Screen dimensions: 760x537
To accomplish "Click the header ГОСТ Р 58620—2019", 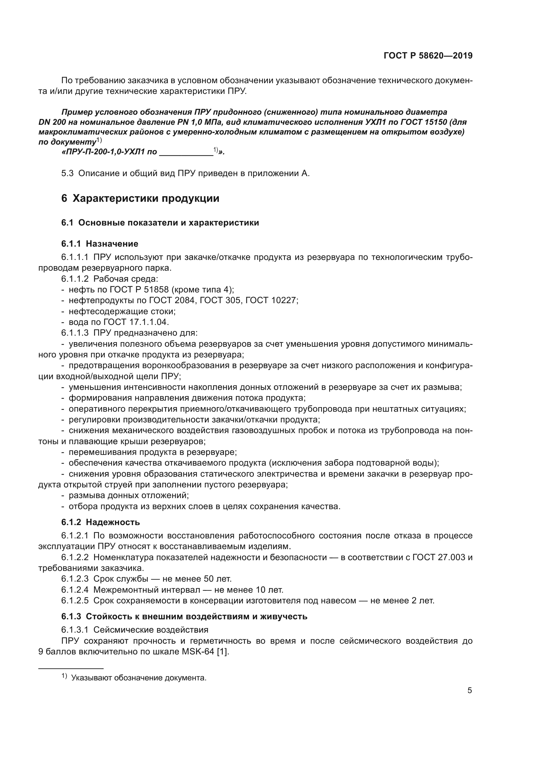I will [x=428, y=56].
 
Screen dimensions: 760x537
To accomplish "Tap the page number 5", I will [x=469, y=690].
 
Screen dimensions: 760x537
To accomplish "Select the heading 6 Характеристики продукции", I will [x=140, y=199].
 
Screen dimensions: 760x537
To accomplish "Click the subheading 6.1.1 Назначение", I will [x=100, y=244].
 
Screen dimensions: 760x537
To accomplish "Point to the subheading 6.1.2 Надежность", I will [x=100, y=522].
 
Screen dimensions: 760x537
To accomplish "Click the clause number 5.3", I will [x=67, y=174].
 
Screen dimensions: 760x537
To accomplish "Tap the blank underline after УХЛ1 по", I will [x=186, y=153].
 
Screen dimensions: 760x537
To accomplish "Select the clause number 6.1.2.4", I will [x=75, y=590].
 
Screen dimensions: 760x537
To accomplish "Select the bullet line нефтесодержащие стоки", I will [x=122, y=311].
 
